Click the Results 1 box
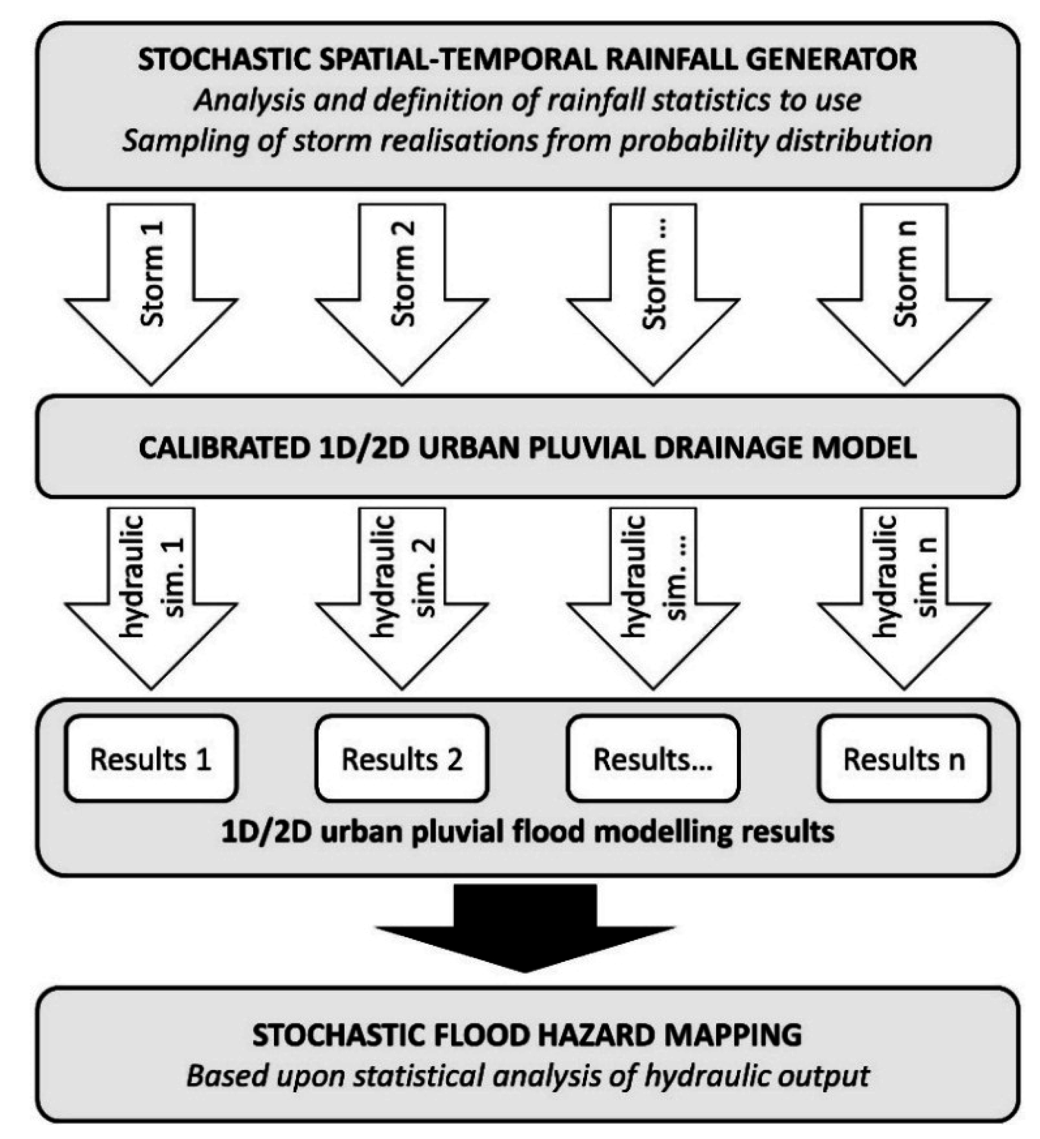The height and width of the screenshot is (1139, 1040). coord(151,759)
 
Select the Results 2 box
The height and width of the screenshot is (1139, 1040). coord(402,759)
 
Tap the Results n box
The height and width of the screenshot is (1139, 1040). coord(904,759)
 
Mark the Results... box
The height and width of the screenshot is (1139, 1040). coord(653,759)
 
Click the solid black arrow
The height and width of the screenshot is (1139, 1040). coord(525,927)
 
